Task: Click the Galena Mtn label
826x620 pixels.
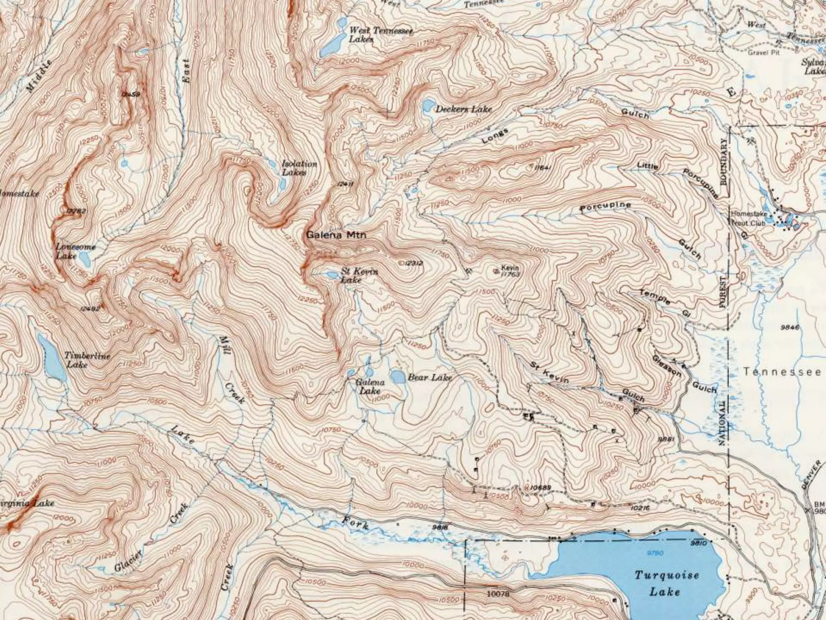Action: [x=336, y=235]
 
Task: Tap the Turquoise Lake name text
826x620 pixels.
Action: [x=666, y=583]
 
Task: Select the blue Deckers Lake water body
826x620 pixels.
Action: [x=427, y=106]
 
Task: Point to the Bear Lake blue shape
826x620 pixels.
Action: [x=398, y=377]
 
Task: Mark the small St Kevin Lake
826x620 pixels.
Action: [x=333, y=275]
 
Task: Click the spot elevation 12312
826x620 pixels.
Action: [x=414, y=263]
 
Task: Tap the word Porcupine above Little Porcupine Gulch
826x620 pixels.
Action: [x=701, y=183]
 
